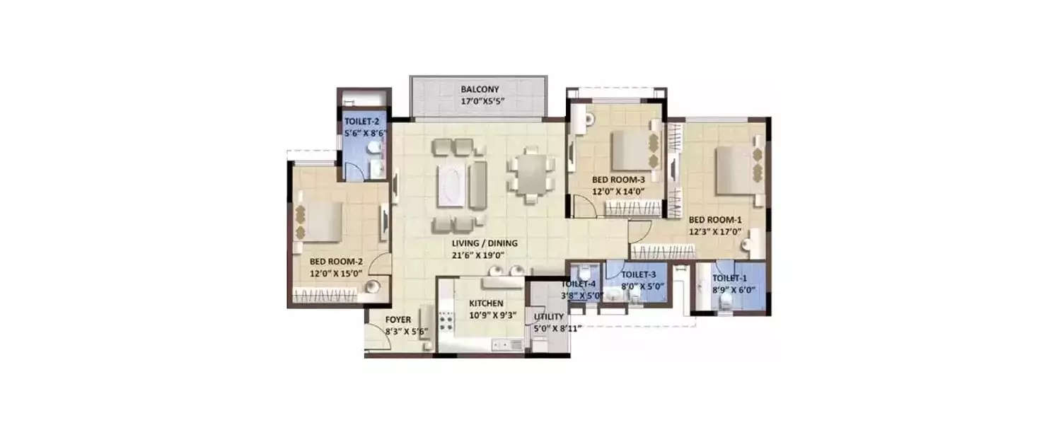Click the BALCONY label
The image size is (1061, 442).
(x=480, y=90)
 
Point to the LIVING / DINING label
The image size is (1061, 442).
(x=485, y=243)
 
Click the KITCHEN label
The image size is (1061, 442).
(x=487, y=303)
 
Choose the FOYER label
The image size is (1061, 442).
(x=398, y=318)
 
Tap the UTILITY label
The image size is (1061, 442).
(x=549, y=317)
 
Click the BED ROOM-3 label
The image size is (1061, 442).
(x=618, y=180)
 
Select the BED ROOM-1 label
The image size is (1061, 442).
(x=715, y=219)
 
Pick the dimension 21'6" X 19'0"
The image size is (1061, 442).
(x=485, y=255)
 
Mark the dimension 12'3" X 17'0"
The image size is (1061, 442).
(x=715, y=231)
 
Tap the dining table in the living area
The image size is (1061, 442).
(x=530, y=173)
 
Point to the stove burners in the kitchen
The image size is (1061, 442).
(x=446, y=323)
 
